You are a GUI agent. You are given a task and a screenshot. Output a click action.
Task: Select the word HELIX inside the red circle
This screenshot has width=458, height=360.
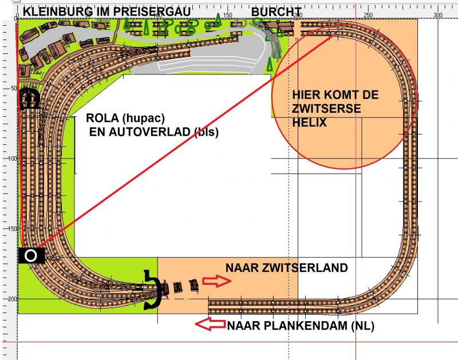coord(309,122)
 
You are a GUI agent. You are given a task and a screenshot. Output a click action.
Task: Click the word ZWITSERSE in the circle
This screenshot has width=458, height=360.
coord(326,109)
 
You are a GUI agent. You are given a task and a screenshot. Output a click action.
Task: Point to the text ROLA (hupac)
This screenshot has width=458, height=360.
coord(125,118)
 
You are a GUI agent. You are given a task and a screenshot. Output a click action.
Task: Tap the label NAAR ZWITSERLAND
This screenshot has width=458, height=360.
coord(287,268)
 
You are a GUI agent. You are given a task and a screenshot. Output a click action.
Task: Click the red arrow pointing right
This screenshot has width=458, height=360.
coord(217,281)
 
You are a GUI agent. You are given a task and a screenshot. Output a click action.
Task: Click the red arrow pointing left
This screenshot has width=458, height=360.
coord(210,325)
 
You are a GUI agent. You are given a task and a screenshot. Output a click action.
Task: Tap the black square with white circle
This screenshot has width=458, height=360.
coord(31,255)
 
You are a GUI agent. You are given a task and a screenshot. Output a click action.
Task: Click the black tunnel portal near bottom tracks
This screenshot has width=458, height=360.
coord(153,290)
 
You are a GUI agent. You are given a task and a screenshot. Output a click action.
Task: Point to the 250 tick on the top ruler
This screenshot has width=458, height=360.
coord(368,15)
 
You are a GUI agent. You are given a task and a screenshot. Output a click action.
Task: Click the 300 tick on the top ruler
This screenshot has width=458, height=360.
coord(437,15)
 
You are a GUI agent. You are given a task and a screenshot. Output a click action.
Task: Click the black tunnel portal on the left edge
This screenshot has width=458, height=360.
coord(29,98)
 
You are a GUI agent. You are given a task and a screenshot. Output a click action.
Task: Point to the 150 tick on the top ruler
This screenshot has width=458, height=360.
coord(227,15)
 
